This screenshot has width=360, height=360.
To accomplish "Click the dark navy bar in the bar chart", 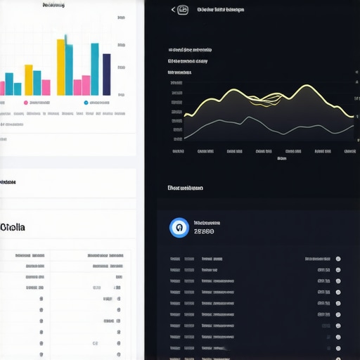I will pos(107,75).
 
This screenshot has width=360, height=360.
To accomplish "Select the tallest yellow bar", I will pos(61,67).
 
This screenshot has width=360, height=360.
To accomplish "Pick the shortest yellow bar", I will pos(29,79).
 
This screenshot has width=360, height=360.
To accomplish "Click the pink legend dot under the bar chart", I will pos(26,103).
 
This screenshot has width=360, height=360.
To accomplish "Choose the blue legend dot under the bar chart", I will pos(86,103).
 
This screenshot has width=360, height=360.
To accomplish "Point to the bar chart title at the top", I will pos(53,5).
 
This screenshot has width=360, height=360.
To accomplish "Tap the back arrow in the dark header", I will pos(173,10).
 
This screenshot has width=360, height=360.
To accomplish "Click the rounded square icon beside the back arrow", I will pos(184,10).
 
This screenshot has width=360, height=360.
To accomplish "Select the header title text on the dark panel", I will pos(221,10).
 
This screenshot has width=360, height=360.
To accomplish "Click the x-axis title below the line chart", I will pos(282,158).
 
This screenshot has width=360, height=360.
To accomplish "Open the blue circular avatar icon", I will pos(179,227).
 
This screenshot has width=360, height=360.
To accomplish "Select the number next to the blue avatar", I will pos(203,231).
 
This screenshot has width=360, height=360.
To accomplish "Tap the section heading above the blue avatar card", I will pos(186,188).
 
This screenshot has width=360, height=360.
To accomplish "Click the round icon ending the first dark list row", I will pos(338,259).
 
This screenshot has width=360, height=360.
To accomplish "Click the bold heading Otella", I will pos(13,227).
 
